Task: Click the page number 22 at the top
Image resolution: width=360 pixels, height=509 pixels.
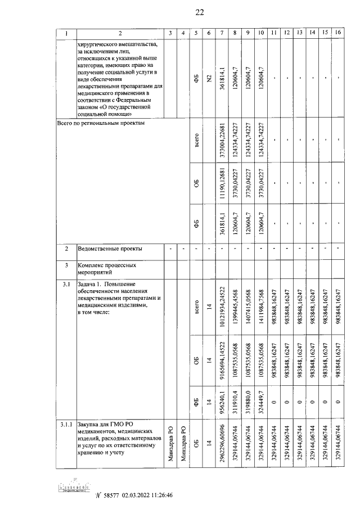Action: (199, 13)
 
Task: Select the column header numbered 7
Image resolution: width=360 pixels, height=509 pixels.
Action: (222, 33)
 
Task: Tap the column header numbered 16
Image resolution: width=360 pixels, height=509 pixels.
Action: (337, 33)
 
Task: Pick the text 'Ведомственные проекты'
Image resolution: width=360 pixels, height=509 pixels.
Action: (110, 248)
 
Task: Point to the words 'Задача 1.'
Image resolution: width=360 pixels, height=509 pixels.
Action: (92, 285)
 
